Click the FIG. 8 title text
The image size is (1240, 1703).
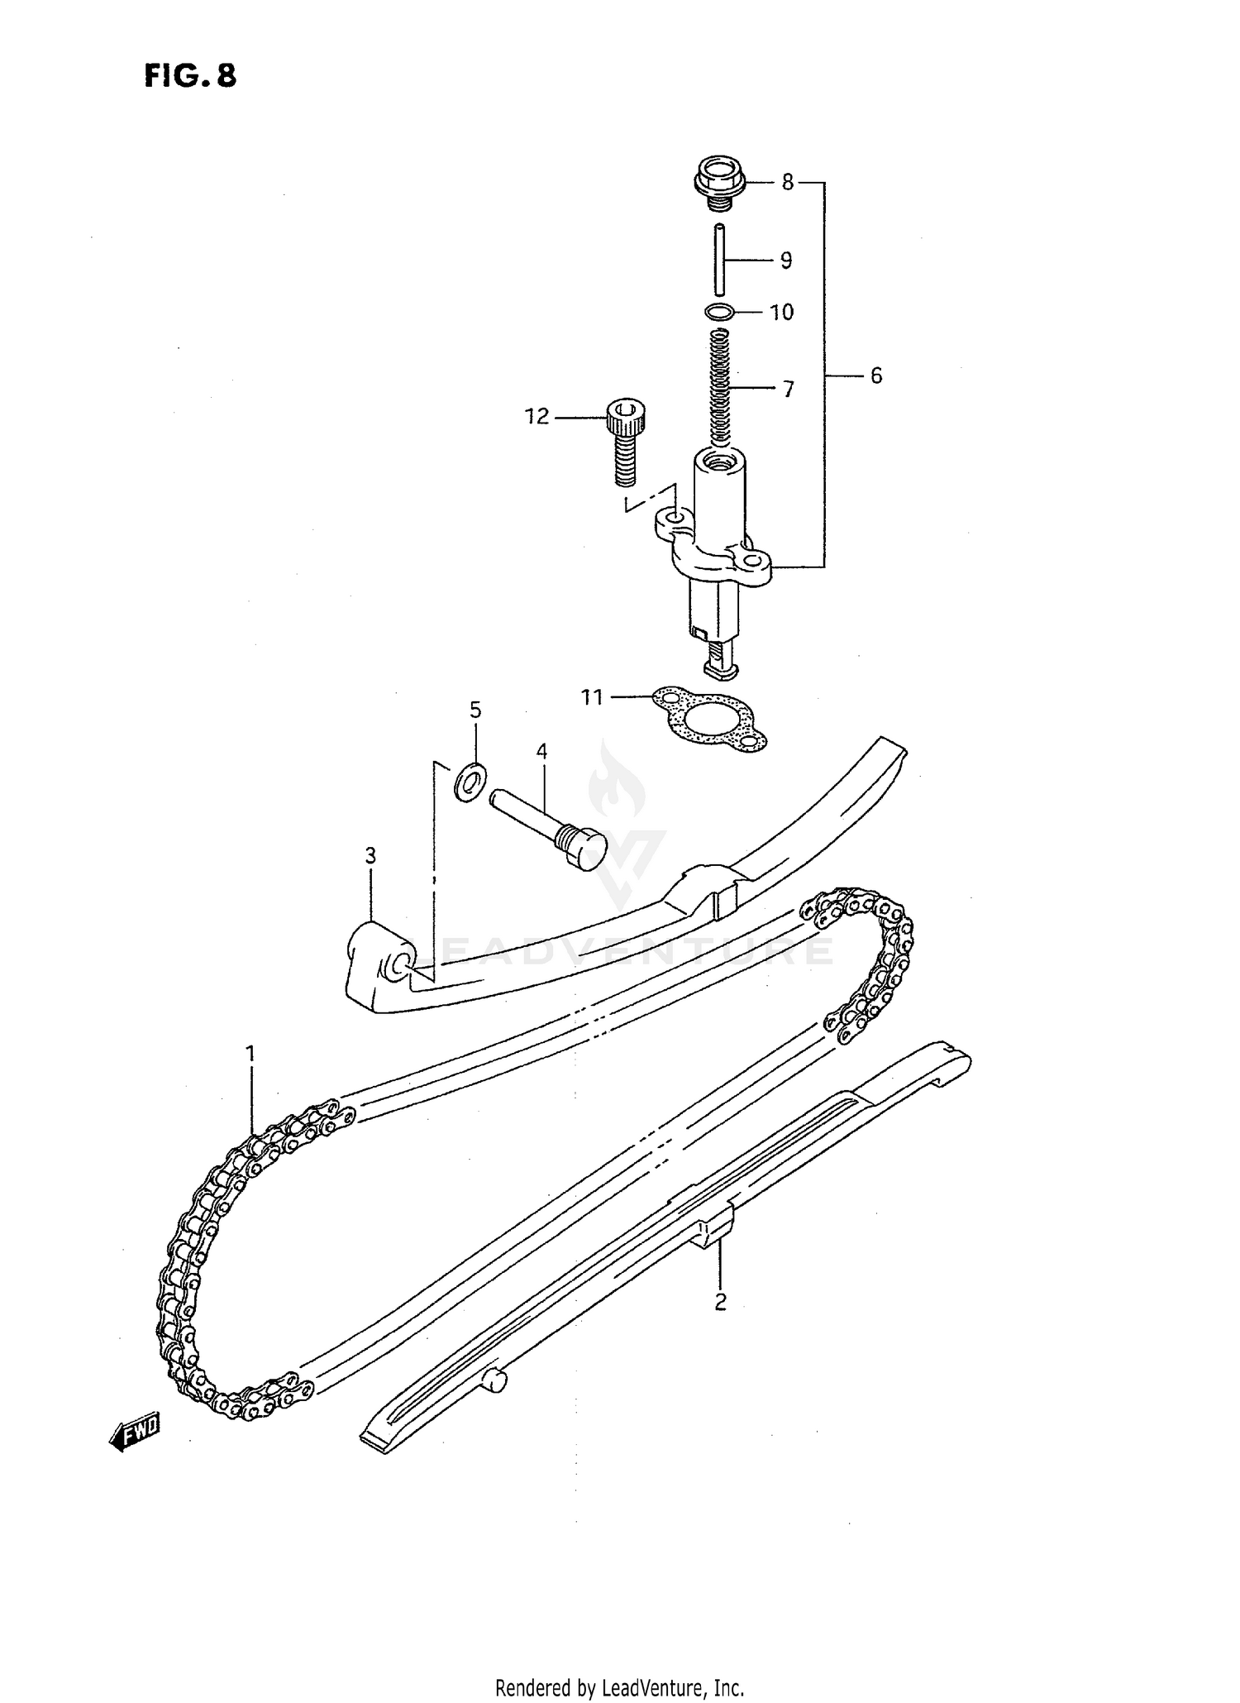[190, 76]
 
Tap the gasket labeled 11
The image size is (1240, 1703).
[710, 719]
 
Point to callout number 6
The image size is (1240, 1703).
[876, 376]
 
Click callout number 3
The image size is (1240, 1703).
[370, 855]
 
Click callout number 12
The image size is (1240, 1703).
[537, 417]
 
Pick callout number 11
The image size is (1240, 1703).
[592, 697]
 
